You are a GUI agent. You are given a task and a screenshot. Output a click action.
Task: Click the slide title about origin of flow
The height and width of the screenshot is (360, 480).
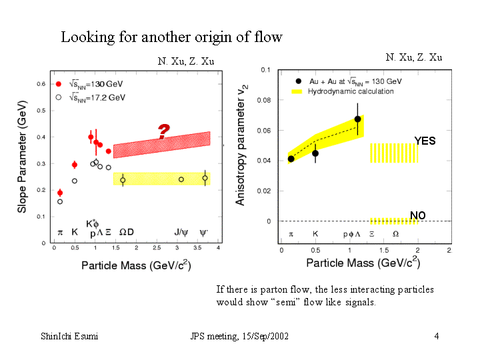171,37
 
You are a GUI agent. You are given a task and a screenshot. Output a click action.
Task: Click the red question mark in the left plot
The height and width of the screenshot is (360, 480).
163,132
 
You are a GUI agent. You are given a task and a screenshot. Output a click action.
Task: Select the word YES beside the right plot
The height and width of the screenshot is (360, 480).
425,141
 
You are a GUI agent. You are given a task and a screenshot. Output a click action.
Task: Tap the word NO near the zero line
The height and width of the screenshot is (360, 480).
418,215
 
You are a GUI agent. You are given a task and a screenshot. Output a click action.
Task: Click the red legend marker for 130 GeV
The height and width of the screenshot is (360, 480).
59,84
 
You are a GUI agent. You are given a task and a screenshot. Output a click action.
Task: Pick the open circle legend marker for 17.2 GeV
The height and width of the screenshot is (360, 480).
59,97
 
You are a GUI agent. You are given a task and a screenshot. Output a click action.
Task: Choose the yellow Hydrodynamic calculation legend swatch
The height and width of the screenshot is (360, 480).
297,91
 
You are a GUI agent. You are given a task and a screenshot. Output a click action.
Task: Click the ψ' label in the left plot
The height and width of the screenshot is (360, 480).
204,233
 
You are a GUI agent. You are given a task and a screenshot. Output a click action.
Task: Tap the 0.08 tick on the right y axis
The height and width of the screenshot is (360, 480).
265,100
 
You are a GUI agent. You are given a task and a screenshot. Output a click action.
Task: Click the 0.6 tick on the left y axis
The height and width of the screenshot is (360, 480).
40,84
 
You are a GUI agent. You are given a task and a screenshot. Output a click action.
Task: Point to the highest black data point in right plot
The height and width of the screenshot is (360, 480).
358,119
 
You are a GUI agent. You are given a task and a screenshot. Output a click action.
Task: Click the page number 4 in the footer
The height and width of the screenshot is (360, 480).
436,336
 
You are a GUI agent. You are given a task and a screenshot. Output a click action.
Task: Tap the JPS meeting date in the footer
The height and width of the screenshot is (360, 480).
239,336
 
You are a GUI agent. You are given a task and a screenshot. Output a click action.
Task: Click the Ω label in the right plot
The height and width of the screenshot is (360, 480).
396,234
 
